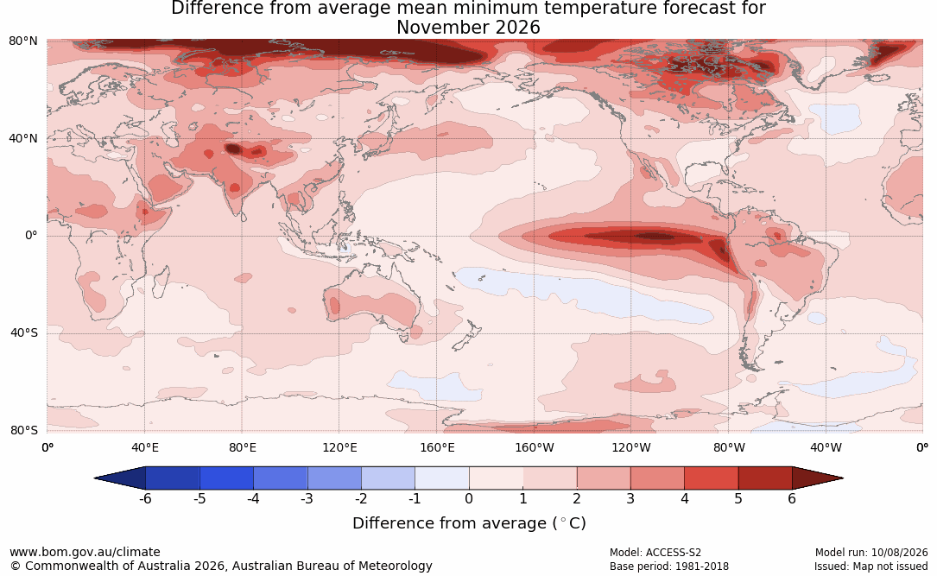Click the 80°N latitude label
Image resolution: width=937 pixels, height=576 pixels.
pyautogui.click(x=22, y=41)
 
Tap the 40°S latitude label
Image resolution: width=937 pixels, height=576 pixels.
pyautogui.click(x=24, y=332)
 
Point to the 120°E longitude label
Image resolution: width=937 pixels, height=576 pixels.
pyautogui.click(x=339, y=447)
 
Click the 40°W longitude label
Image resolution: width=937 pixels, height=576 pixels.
pyautogui.click(x=826, y=447)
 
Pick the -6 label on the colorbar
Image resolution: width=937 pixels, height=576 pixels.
pyautogui.click(x=145, y=498)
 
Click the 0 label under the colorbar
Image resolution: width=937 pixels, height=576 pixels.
pyautogui.click(x=469, y=498)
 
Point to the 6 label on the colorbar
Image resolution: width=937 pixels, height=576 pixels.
pyautogui.click(x=792, y=498)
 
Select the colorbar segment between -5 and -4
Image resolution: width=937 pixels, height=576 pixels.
pyautogui.click(x=226, y=478)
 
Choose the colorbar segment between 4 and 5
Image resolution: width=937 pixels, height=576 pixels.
pyautogui.click(x=711, y=478)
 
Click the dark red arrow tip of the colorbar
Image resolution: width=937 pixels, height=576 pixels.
pyautogui.click(x=842, y=478)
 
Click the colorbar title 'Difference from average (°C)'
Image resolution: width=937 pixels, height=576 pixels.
pyautogui.click(x=469, y=523)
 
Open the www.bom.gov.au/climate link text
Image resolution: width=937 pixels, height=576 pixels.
pyautogui.click(x=85, y=552)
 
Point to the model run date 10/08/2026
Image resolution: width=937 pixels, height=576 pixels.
pyautogui.click(x=899, y=553)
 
